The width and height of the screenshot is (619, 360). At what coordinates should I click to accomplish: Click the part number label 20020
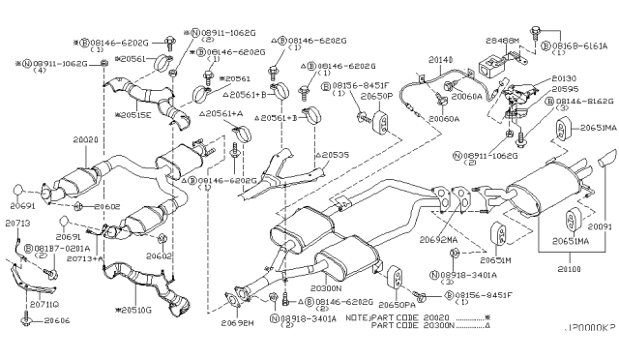pos(86,139)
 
